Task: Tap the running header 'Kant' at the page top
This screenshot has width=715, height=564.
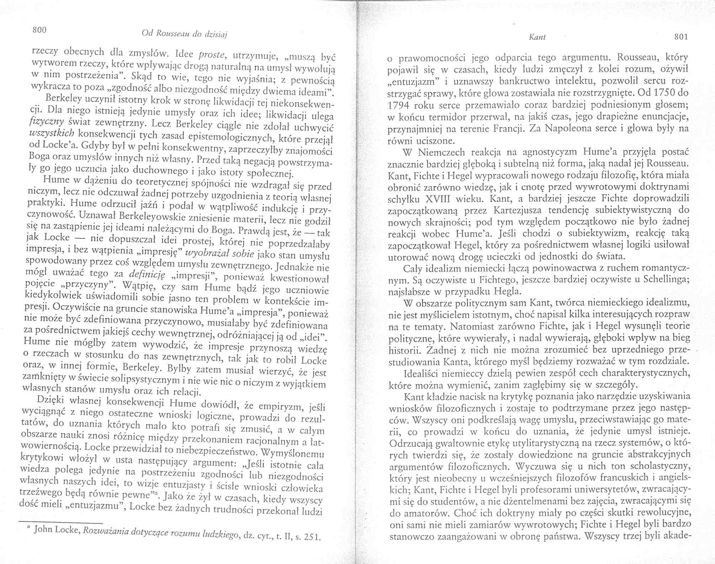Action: click(x=535, y=37)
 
